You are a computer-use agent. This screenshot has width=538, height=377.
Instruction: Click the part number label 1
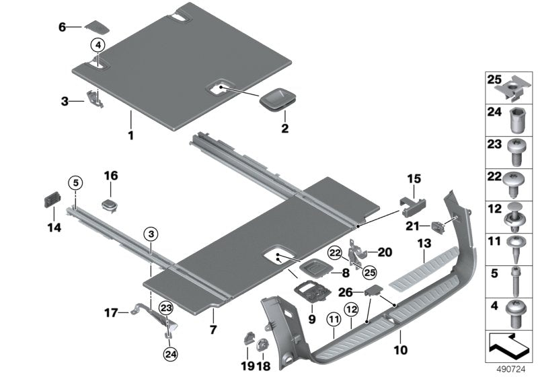(131, 135)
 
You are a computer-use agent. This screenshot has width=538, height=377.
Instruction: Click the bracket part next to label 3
(93, 98)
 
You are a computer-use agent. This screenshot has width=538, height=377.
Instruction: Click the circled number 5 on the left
(75, 182)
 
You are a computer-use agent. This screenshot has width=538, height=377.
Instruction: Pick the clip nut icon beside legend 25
(516, 85)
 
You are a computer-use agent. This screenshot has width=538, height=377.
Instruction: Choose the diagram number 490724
(517, 369)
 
